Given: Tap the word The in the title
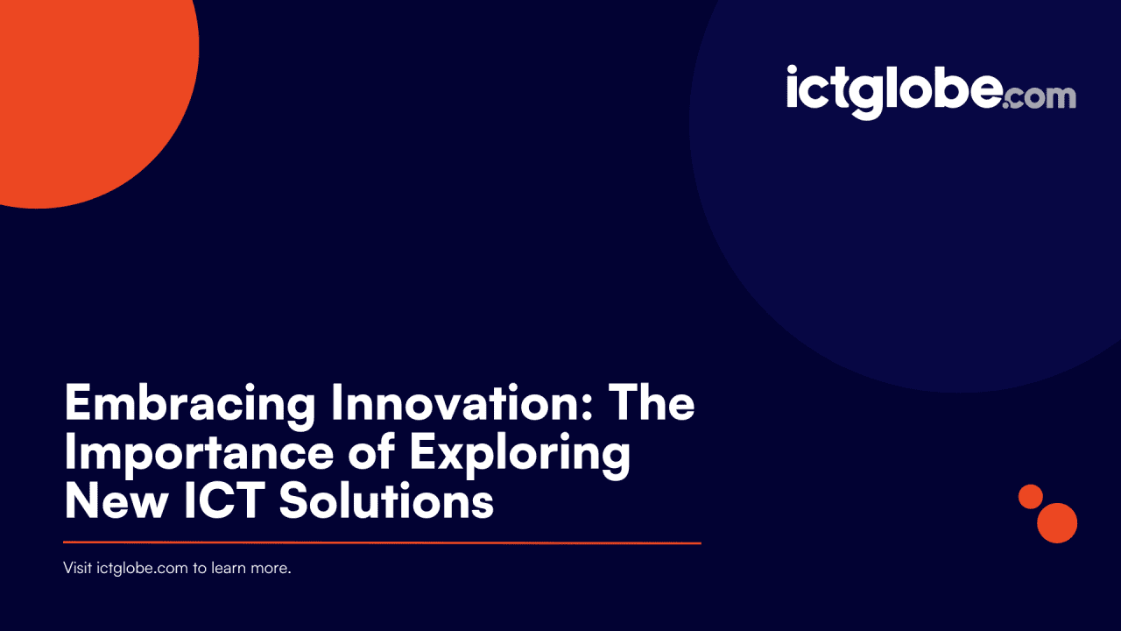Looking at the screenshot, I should click(x=652, y=404).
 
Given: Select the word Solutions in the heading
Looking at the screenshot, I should click(x=387, y=502).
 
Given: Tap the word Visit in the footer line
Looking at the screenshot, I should click(x=77, y=568).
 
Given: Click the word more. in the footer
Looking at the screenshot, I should click(x=272, y=568).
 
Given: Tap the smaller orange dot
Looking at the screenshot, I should click(x=1031, y=496).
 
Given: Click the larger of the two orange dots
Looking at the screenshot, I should click(x=1057, y=523).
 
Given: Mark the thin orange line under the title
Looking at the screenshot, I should click(x=382, y=543).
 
